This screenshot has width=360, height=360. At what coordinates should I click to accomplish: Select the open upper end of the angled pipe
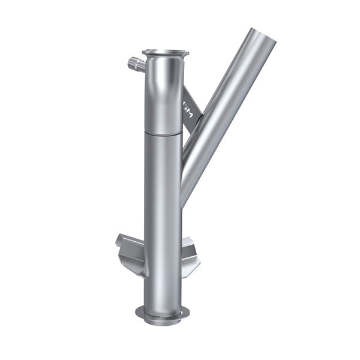pyautogui.click(x=262, y=37)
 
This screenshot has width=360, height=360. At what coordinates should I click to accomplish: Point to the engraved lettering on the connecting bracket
pyautogui.click(x=187, y=110)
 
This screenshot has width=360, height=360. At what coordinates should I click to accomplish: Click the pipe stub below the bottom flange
pyautogui.click(x=162, y=320)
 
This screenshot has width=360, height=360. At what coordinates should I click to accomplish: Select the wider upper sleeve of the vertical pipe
pyautogui.click(x=163, y=96)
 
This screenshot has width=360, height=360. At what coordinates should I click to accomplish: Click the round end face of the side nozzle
pyautogui.click(x=130, y=61)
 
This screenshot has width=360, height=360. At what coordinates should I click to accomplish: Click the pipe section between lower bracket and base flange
pyautogui.click(x=163, y=291)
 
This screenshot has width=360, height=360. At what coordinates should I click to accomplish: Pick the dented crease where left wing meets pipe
pyautogui.click(x=143, y=264)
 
